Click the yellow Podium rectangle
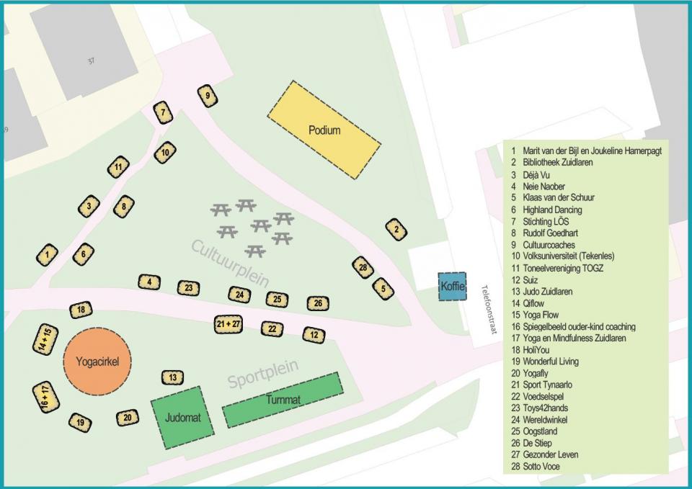(324, 130)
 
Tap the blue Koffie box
(453, 287)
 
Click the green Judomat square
(183, 417)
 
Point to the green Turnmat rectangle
(283, 400)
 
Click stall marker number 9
(207, 95)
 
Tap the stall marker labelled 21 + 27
(228, 324)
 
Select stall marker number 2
(396, 230)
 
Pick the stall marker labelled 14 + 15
(45, 341)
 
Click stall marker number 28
(363, 267)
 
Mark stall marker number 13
(172, 377)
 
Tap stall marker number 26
(318, 303)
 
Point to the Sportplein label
(263, 374)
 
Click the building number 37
(91, 61)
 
